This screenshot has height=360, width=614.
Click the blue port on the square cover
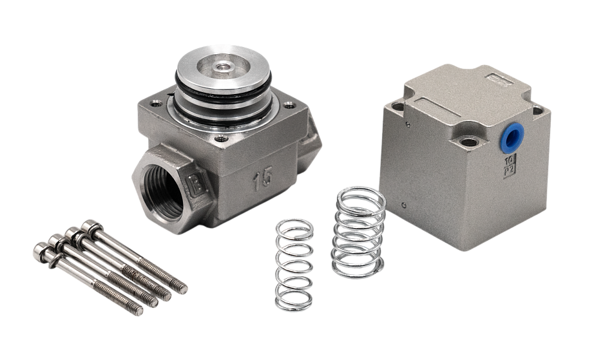[513, 137]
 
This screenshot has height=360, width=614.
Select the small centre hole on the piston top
[222, 66]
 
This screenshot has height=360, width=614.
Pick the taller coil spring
[359, 232]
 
